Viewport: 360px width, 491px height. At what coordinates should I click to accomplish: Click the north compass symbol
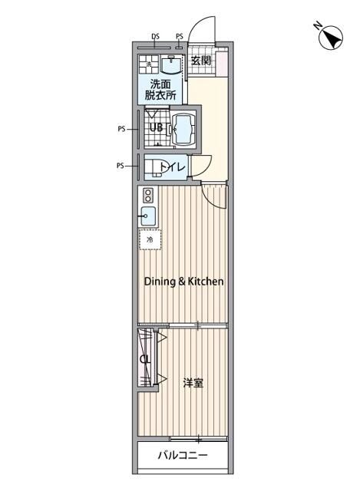330,38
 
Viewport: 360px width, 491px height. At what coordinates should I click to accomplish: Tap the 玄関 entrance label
201,60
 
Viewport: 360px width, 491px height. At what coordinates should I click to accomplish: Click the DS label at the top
155,36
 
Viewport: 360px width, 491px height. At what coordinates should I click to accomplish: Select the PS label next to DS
179,36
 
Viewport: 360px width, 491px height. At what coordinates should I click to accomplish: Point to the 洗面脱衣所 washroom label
160,89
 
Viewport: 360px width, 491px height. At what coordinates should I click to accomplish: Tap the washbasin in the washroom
170,64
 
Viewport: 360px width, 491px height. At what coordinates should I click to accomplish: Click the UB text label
156,127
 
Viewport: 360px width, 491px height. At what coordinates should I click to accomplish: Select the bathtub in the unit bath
183,129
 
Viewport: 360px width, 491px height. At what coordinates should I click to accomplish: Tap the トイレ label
173,167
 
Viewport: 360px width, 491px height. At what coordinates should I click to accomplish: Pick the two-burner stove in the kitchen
148,196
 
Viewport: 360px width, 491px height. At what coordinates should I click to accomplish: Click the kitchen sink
148,216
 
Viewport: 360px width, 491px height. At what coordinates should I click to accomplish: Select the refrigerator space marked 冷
150,239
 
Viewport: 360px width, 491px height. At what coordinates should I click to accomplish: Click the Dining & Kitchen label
184,282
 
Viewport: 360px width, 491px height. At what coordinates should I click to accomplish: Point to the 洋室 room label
193,383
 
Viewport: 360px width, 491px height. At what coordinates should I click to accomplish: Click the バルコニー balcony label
183,455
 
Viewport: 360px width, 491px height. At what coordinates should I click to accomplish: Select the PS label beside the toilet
121,166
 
